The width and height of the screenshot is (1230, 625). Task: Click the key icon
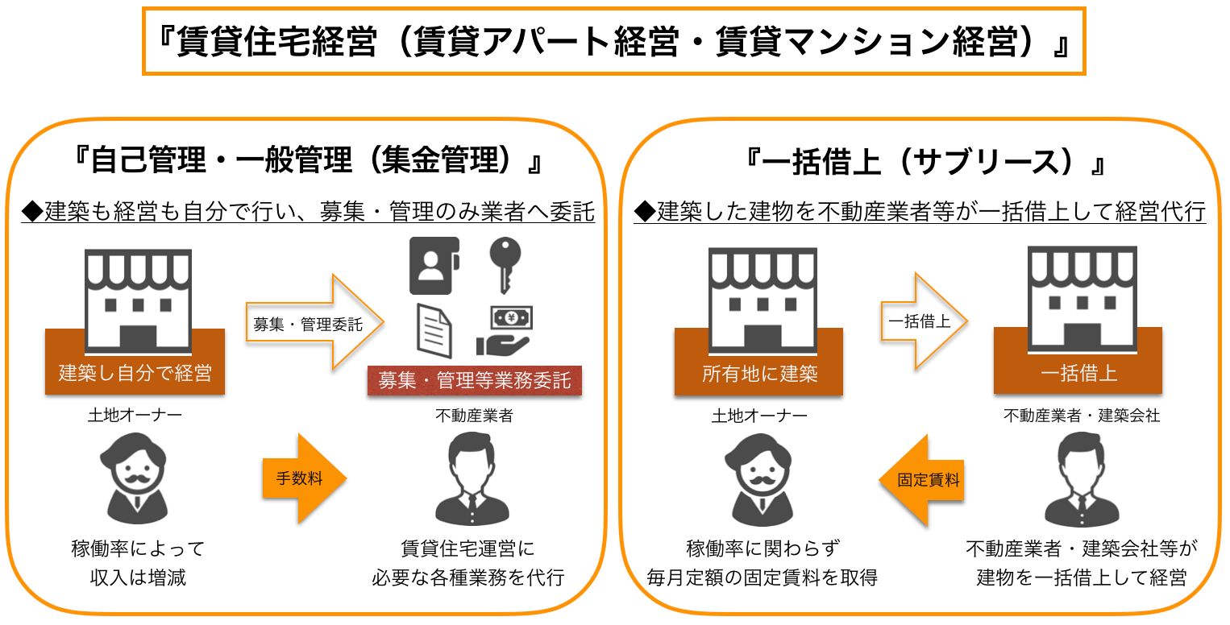(x=505, y=265)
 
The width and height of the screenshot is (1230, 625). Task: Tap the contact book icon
(x=434, y=265)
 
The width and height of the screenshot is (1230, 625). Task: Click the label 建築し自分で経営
(x=135, y=374)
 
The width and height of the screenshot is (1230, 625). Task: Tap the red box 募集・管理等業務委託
(x=475, y=380)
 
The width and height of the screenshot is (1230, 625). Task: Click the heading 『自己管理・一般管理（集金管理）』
(x=307, y=161)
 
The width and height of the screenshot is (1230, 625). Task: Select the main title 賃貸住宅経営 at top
(x=613, y=42)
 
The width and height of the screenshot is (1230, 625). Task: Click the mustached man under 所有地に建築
(x=759, y=478)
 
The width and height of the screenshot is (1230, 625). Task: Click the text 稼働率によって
(x=138, y=549)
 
